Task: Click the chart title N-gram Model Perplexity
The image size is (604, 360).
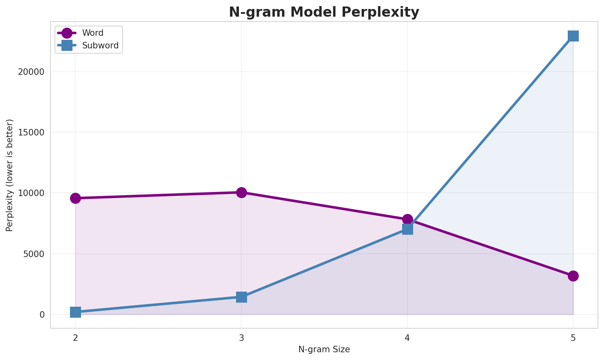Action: coord(324,12)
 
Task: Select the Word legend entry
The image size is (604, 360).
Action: coord(92,33)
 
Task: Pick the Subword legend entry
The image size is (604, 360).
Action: coord(100,46)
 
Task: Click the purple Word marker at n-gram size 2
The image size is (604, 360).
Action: coord(75,198)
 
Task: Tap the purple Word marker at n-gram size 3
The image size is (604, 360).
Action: coord(241,192)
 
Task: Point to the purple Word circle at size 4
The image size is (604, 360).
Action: coord(407,219)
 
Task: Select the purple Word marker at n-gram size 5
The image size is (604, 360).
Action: coord(573,276)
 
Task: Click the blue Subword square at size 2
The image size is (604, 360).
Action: coord(75,312)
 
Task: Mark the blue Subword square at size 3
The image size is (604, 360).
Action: coord(241,297)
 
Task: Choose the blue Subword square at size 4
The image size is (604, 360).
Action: coord(407,229)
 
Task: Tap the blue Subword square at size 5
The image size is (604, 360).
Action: coord(573,36)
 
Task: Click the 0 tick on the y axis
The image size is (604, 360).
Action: coord(42,314)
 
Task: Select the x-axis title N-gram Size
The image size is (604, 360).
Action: coord(324,349)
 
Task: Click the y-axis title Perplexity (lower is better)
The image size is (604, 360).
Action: coord(10,175)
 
